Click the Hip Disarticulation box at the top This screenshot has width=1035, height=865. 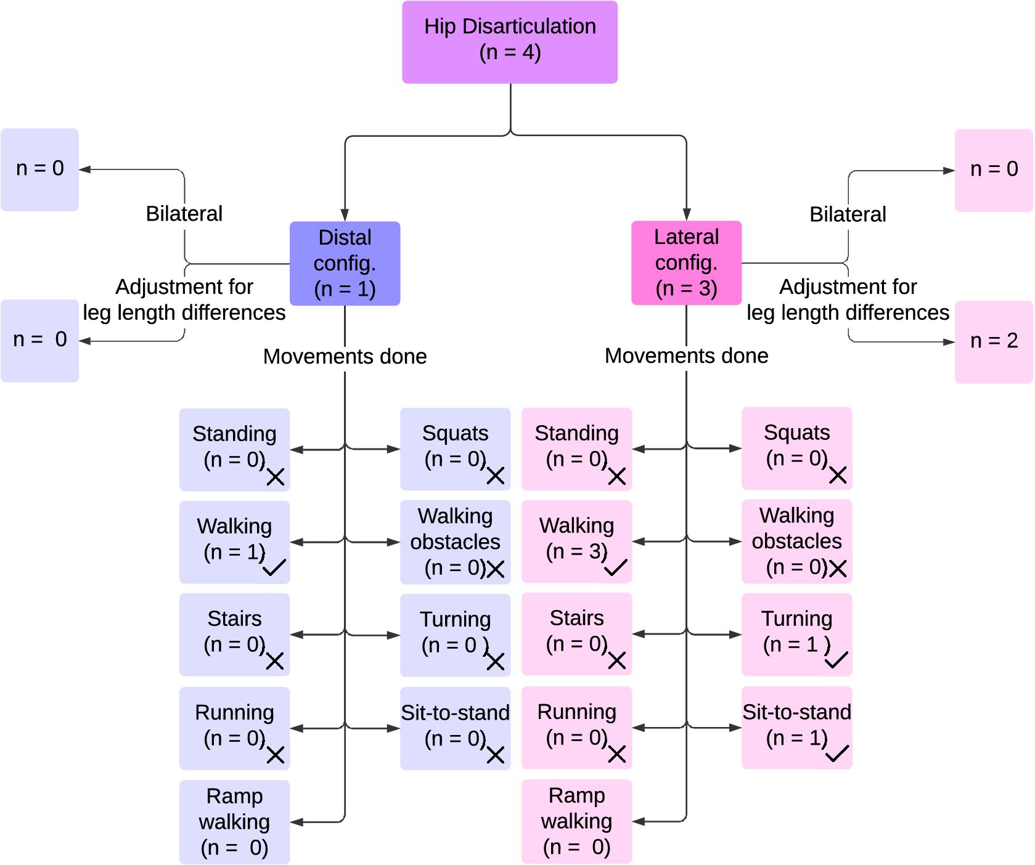tap(510, 42)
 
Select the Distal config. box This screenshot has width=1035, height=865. tap(345, 263)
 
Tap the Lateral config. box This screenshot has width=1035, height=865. tap(686, 262)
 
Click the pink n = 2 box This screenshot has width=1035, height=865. tap(994, 342)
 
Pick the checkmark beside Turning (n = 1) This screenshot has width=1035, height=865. tap(837, 660)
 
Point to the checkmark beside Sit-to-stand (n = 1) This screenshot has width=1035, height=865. tap(837, 753)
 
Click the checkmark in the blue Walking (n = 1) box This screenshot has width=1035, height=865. tap(274, 567)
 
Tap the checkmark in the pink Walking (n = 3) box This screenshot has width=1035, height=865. tap(616, 567)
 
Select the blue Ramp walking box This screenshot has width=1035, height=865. tap(234, 822)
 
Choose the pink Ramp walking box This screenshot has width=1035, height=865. tap(576, 821)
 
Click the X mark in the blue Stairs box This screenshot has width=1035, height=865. tap(275, 661)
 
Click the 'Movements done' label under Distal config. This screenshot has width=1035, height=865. tap(345, 357)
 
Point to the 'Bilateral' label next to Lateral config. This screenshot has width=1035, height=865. tap(848, 214)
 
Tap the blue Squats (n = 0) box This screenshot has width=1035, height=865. tap(455, 449)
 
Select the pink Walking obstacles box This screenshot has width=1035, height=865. tap(796, 541)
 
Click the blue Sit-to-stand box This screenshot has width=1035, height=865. tap(455, 728)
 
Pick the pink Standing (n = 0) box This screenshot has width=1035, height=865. tap(576, 449)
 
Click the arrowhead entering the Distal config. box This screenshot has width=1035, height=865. tap(345, 215)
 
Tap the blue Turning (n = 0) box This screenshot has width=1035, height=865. tap(455, 635)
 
